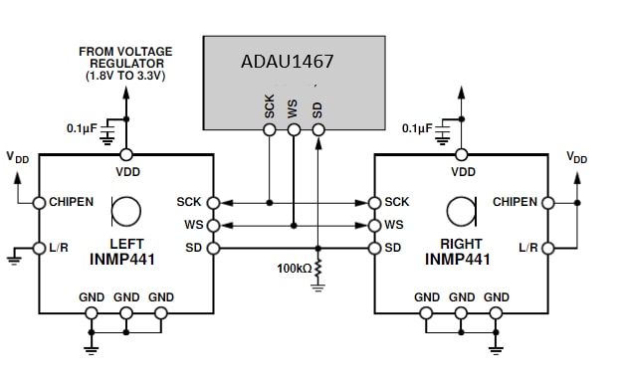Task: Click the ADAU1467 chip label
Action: (x=288, y=62)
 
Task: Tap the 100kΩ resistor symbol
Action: (x=317, y=268)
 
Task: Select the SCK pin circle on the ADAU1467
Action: (x=270, y=129)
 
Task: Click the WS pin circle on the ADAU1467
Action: (x=294, y=129)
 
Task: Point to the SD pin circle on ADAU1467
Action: (x=318, y=129)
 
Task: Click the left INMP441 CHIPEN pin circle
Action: (x=39, y=203)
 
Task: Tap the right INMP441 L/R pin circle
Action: (x=548, y=248)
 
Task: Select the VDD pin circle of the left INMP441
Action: (x=126, y=155)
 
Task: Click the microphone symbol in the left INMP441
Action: (x=125, y=211)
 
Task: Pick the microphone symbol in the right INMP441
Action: (x=462, y=211)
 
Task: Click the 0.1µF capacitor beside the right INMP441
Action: (x=443, y=131)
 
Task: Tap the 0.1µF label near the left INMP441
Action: (x=82, y=128)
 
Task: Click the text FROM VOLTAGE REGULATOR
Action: (x=126, y=58)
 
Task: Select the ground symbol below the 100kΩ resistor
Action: (x=317, y=288)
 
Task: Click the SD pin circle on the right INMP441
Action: (x=374, y=248)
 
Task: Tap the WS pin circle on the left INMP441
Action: (x=214, y=226)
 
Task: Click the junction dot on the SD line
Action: (x=317, y=248)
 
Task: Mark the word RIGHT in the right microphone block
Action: (x=461, y=244)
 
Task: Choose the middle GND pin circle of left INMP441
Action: (x=126, y=313)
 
